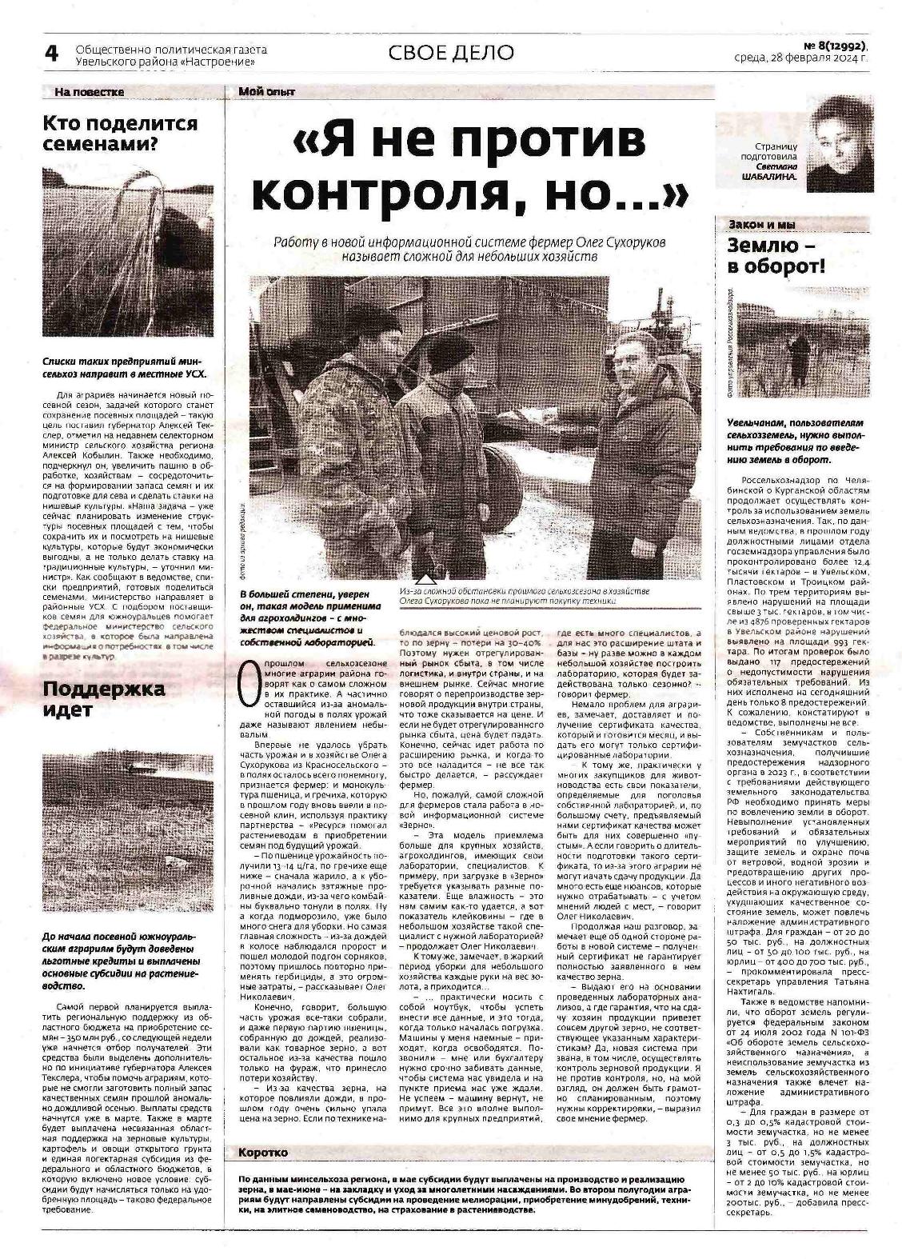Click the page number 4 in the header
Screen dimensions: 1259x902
[x=51, y=54]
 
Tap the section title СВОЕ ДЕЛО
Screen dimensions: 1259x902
[x=451, y=53]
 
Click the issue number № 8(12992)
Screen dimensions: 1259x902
[x=826, y=45]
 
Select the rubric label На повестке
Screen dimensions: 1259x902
[x=90, y=92]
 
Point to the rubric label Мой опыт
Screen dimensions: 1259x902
[x=266, y=92]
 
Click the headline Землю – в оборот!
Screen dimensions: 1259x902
[x=776, y=256]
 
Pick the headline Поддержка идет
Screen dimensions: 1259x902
[x=104, y=698]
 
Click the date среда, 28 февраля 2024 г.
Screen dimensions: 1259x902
[x=800, y=58]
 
